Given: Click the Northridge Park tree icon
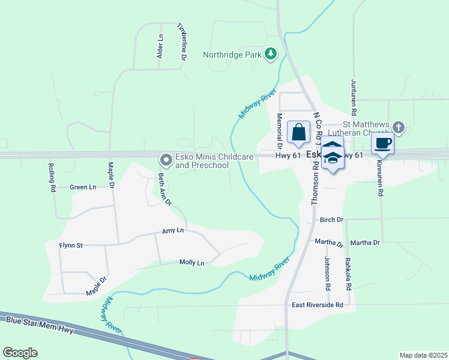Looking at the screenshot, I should tap(271, 54).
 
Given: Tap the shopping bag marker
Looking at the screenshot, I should tap(298, 132).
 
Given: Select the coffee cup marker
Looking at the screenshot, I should tap(382, 143).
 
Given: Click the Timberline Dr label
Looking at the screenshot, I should tap(181, 42).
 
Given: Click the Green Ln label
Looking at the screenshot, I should tap(83, 187).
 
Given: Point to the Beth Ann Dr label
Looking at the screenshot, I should tap(164, 190).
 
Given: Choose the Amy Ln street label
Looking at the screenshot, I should tap(172, 230).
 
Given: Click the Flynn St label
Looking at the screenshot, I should tap(71, 245).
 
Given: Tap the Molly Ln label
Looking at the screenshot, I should tap(192, 263).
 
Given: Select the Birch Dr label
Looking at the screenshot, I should tap(331, 220).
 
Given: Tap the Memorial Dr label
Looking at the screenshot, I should tap(279, 130).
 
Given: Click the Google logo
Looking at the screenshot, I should tap(20, 353).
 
